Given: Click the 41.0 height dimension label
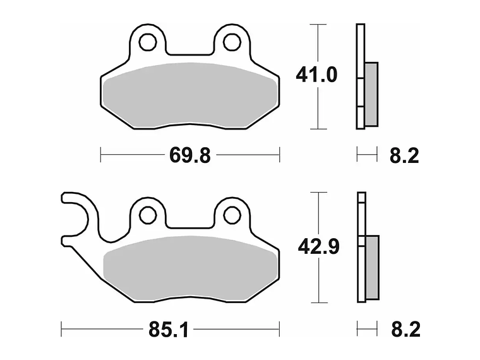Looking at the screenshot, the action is pos(316,75).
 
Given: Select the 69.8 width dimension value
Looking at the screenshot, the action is pos(190,155).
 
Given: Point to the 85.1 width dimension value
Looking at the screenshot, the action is pos(169,330).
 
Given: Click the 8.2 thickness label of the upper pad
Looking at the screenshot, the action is pos(404,155).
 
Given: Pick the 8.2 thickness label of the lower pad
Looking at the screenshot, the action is pos(406,330).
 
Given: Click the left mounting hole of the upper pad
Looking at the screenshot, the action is pos(148,42).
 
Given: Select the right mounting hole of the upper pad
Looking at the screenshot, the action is pos(232,42).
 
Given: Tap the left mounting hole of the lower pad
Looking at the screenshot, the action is pos(148,215).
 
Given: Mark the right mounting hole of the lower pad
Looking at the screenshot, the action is pos(232,215).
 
